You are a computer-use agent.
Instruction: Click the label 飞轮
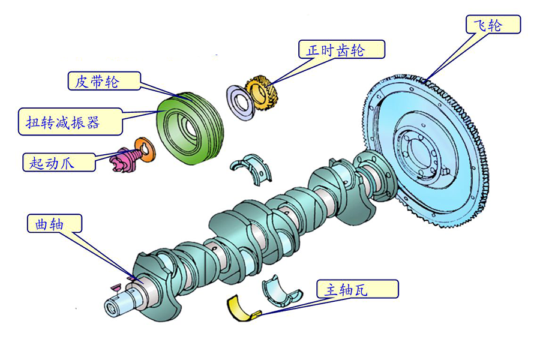(493, 25)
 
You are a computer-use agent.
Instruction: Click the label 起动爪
(59, 162)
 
